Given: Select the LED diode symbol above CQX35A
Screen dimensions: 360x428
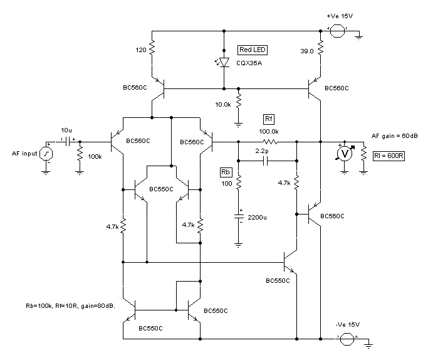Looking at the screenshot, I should [x=224, y=61].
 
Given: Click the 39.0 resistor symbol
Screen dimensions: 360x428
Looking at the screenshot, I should [x=320, y=48].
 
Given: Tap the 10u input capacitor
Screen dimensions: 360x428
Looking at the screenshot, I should [x=66, y=141].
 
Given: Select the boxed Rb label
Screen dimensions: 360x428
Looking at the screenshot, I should [x=226, y=172].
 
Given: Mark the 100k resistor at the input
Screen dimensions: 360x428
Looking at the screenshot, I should [x=80, y=154].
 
